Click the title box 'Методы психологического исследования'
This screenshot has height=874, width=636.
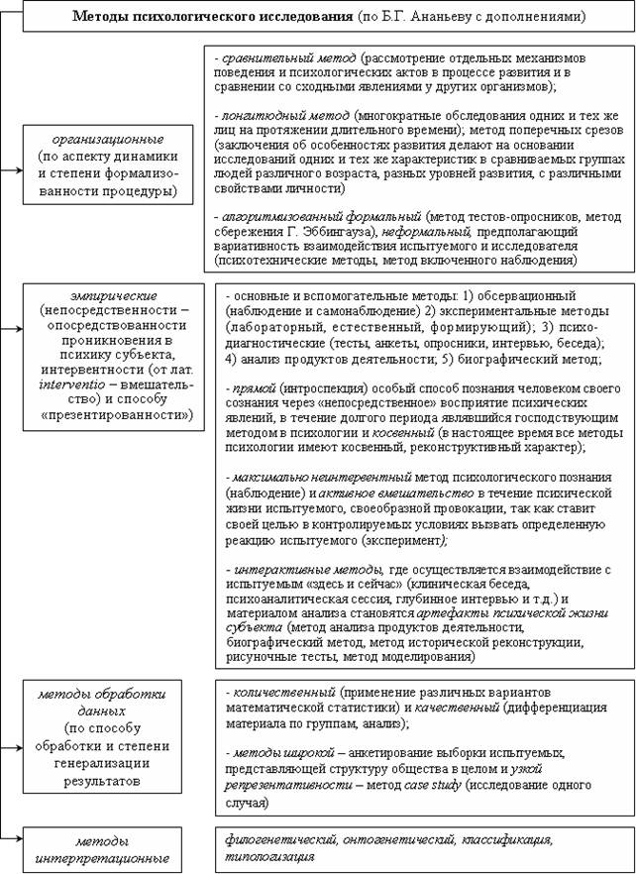pyautogui.click(x=317, y=17)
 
